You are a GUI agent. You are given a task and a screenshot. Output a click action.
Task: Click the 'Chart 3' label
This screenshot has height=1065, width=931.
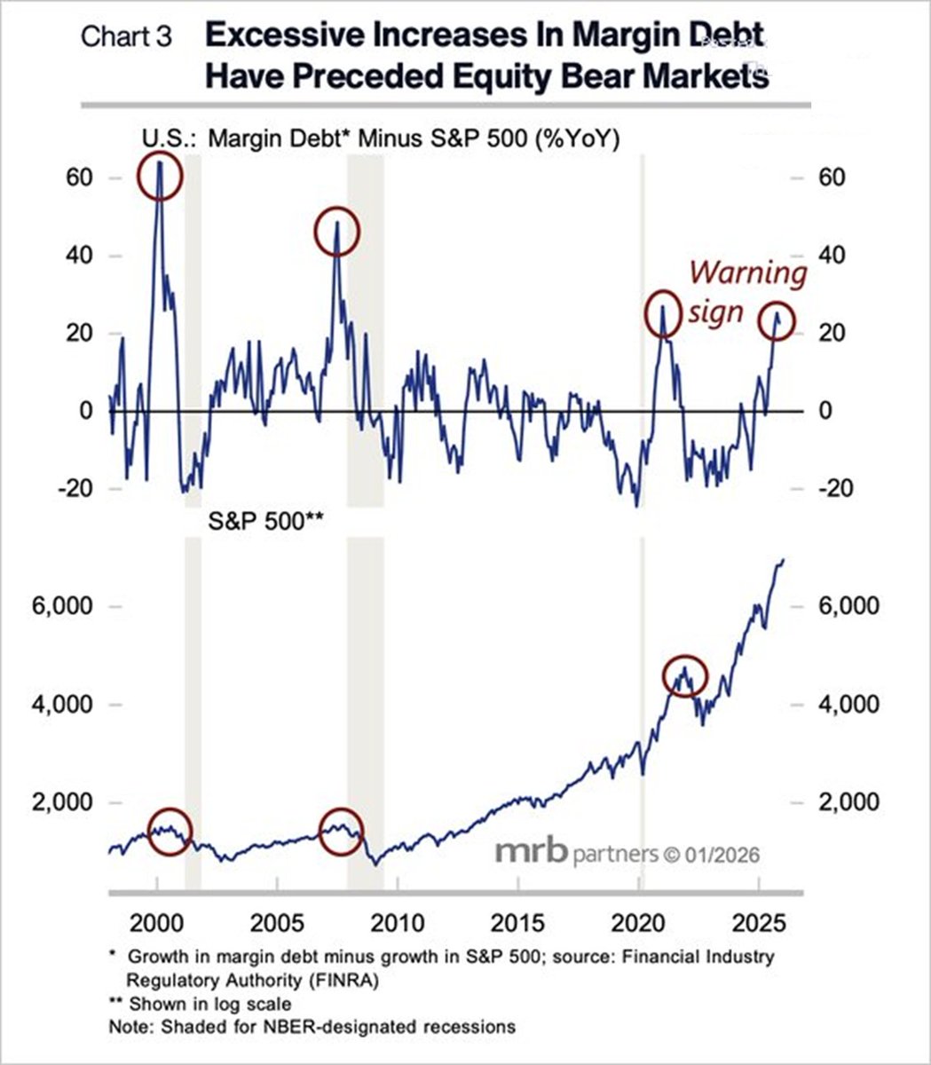pos(126,37)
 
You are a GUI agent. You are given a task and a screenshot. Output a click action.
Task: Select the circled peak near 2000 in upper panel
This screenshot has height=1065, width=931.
pos(160,177)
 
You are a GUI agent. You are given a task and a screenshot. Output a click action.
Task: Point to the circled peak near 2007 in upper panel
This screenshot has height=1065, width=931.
pos(337,232)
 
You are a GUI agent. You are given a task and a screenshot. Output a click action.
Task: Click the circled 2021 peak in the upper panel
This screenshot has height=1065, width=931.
pos(662,314)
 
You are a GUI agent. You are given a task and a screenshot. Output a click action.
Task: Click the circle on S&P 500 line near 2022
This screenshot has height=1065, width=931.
pos(684,676)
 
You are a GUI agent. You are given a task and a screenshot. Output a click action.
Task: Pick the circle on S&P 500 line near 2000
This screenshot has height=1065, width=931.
pos(169,832)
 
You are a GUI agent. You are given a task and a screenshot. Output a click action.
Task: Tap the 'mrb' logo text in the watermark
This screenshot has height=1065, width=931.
pos(531,853)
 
